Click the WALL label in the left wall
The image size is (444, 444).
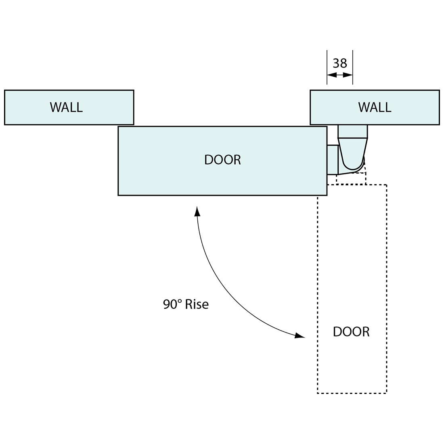[x=66, y=107]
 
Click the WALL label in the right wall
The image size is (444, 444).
[x=375, y=107]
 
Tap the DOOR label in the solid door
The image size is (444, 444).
[x=222, y=160]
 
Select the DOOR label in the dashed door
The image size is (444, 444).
[x=351, y=332]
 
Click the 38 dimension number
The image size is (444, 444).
[x=340, y=63]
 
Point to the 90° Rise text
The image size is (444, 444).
[x=186, y=304]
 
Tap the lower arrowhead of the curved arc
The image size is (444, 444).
[x=300, y=335]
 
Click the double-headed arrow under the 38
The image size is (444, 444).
[x=340, y=75]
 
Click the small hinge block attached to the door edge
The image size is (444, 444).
[x=332, y=160]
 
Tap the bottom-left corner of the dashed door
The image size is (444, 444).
[x=318, y=393]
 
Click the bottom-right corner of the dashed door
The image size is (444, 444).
[x=387, y=393]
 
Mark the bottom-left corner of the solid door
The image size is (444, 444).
[x=118, y=195]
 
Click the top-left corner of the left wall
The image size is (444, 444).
[x=5, y=90]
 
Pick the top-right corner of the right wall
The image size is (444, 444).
[x=439, y=90]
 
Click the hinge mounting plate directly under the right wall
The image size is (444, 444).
[x=353, y=132]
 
